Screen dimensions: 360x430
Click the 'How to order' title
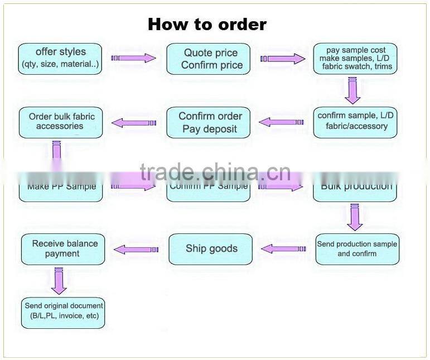tap(207, 25)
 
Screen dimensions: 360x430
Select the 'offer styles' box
tap(60, 58)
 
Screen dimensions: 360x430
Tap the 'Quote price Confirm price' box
tap(209, 59)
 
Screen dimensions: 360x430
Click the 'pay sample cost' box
tap(356, 58)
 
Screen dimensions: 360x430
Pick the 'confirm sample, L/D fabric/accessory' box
tap(356, 121)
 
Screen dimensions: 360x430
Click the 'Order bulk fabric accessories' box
tap(61, 122)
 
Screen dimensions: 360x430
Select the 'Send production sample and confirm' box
tap(357, 248)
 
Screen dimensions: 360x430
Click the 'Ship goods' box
tap(211, 248)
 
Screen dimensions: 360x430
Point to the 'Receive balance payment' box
tap(63, 248)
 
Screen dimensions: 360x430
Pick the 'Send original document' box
tap(63, 311)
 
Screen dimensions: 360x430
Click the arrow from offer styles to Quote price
tap(134, 58)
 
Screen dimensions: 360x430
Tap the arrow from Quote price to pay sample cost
tap(283, 58)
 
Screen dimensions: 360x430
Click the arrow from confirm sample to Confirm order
tap(282, 122)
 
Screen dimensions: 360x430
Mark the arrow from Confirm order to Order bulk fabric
tap(134, 122)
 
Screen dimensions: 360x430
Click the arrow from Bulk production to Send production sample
tap(354, 217)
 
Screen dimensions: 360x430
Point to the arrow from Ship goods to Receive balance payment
tap(136, 249)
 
